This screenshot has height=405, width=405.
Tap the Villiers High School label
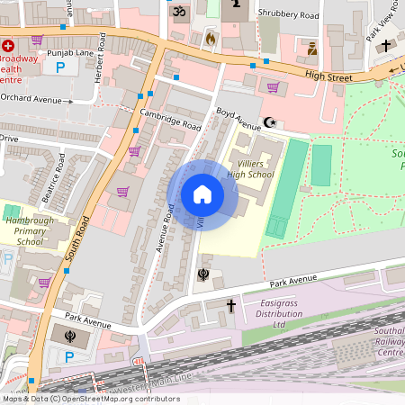[250, 168]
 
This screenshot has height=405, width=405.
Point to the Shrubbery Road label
[288, 14]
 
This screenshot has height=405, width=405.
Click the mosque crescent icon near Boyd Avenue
[267, 121]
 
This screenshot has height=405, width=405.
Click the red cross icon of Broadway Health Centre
[9, 45]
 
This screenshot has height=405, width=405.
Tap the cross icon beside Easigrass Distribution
[230, 306]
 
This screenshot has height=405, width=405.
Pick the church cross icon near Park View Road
[386, 45]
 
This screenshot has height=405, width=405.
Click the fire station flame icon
[211, 40]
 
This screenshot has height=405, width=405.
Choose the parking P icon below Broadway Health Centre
[60, 67]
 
